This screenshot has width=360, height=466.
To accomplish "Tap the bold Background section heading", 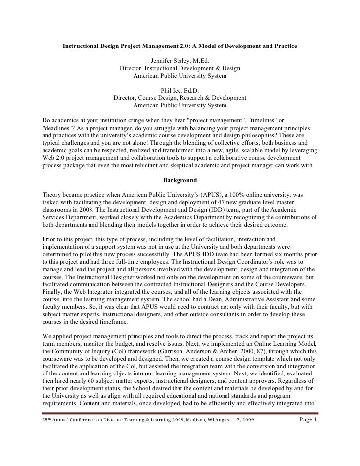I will tap(180, 180).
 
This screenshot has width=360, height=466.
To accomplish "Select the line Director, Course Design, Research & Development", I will tap(180, 98).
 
